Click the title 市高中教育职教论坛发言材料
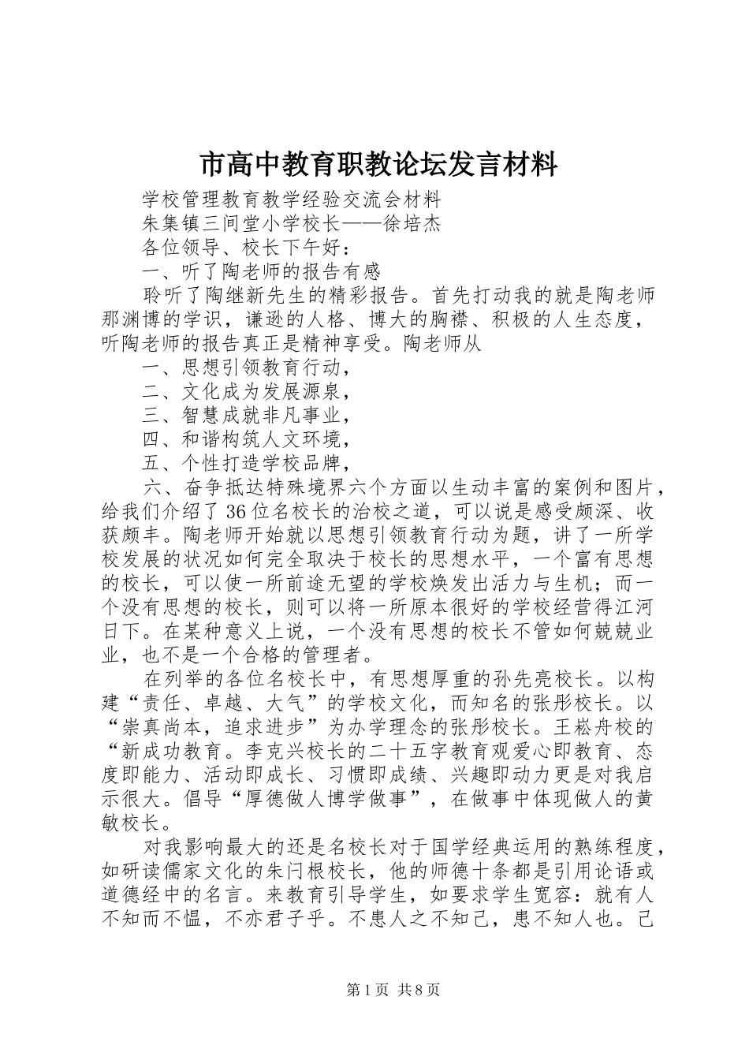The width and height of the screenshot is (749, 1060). coord(378,165)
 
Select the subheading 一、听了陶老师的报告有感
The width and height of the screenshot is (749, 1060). coord(263,272)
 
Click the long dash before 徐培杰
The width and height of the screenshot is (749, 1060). coord(361,223)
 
